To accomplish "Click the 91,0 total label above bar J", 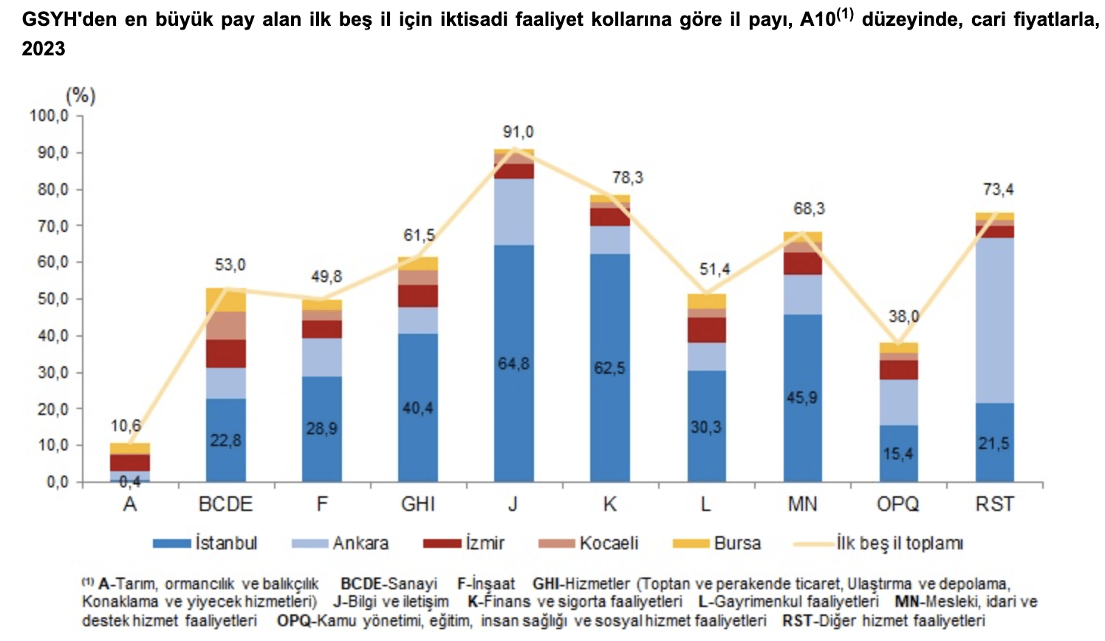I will (x=518, y=132).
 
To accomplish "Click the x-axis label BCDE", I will (x=225, y=504).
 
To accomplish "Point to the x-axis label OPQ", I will (x=897, y=504).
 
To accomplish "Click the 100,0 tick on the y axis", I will (x=49, y=116).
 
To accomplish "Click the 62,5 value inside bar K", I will (x=609, y=368).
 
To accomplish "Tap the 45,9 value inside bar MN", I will (x=802, y=398).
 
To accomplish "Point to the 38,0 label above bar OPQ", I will (x=903, y=317).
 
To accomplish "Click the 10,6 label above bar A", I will (x=126, y=426).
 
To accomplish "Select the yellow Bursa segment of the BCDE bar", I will (x=226, y=300).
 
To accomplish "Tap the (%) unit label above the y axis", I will (x=81, y=95).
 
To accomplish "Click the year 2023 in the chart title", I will (x=44, y=49).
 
